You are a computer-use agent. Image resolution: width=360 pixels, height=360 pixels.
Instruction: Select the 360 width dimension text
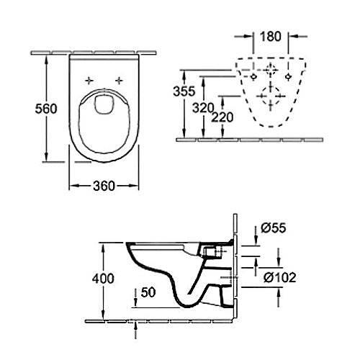click(x=104, y=186)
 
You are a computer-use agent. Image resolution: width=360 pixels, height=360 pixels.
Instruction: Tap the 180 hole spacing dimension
click(x=271, y=36)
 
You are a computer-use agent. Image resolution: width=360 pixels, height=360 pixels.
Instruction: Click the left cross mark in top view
click(x=89, y=79)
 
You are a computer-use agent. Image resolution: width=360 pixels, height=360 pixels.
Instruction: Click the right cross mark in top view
click(x=120, y=79)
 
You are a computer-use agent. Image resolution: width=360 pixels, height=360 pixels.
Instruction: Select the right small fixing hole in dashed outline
click(x=289, y=74)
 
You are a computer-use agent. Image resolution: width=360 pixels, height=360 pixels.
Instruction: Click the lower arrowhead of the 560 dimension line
click(x=48, y=160)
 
